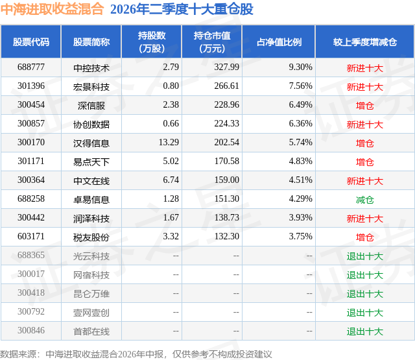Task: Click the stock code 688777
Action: (31, 67)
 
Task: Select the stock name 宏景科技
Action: (91, 87)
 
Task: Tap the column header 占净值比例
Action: (279, 42)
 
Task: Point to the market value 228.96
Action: (226, 104)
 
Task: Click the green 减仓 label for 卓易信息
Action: (364, 200)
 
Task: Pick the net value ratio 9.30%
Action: (300, 67)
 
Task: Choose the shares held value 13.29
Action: (169, 142)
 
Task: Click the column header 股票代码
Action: (31, 42)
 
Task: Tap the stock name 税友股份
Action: (91, 237)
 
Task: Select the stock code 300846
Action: (31, 330)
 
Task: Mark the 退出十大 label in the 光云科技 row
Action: (364, 256)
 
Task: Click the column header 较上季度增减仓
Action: (364, 42)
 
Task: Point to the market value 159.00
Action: (226, 180)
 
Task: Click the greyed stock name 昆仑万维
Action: (91, 294)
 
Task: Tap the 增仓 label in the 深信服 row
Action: (364, 106)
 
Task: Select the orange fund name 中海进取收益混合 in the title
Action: (52, 9)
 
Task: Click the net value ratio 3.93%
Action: (300, 217)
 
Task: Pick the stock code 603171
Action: (31, 236)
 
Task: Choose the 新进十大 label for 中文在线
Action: (364, 181)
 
